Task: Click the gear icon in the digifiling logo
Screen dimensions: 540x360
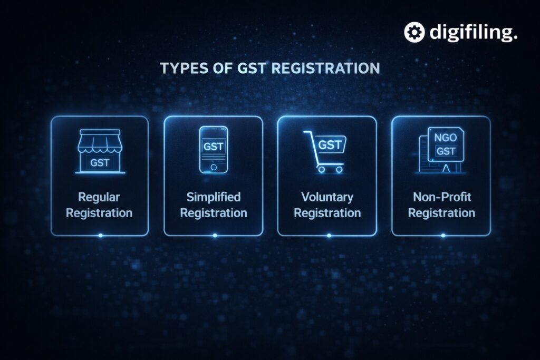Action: [x=414, y=32]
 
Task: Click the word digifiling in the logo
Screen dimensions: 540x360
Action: [x=473, y=33]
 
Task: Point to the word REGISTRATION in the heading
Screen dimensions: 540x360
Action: [x=325, y=68]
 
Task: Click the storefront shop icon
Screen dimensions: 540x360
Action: [x=100, y=151]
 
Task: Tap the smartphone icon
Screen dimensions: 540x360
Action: [x=214, y=149]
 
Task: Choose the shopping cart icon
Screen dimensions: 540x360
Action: [x=325, y=151]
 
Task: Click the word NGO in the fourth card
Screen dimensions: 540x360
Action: [x=445, y=138]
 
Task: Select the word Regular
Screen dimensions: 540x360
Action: [x=99, y=197]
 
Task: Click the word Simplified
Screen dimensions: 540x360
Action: [x=214, y=197]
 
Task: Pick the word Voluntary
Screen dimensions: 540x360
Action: [x=327, y=197]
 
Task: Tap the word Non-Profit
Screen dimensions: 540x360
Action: [x=442, y=197]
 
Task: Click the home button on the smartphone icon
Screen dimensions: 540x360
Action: [x=214, y=167]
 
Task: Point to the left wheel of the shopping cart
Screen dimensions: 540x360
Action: [x=321, y=169]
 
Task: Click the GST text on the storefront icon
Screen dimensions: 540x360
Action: [x=100, y=162]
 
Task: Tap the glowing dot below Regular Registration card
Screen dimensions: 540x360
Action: [x=100, y=236]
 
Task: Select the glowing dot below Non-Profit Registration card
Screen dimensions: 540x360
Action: [x=443, y=236]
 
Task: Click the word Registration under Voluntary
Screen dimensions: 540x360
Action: [x=327, y=213]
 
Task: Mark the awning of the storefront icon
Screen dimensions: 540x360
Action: [x=100, y=141]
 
